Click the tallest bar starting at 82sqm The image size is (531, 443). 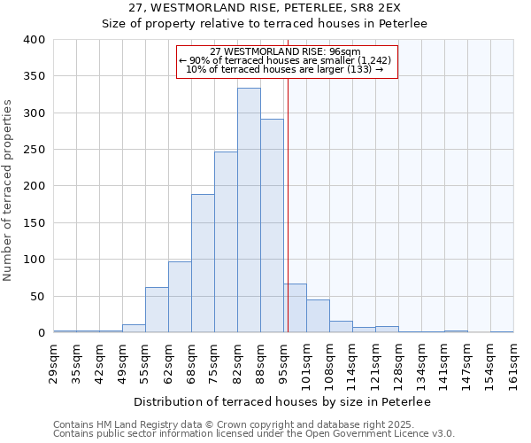[x=249, y=210]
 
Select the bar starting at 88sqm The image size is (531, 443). [x=272, y=226]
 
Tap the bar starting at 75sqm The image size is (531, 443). [x=226, y=242]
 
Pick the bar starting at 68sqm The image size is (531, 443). [x=203, y=263]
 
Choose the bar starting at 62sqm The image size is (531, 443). [x=180, y=297]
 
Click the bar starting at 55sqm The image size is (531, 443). [x=157, y=310]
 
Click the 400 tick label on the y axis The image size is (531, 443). [x=35, y=40]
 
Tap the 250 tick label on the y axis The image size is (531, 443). [x=35, y=150]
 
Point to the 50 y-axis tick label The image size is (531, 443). [x=38, y=296]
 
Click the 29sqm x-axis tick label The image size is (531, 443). [x=53, y=361]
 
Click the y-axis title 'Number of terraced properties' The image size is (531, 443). [x=9, y=190]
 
